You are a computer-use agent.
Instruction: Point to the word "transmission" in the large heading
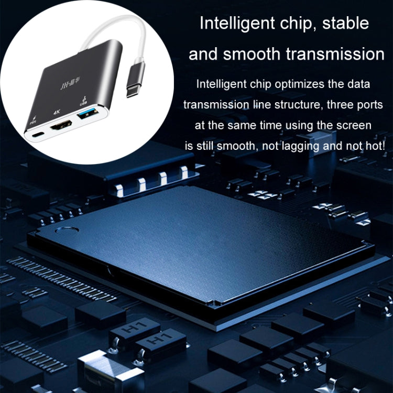340,54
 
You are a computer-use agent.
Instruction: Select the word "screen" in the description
355,125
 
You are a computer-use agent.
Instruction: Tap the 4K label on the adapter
57,112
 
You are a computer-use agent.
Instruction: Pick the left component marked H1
127,330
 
